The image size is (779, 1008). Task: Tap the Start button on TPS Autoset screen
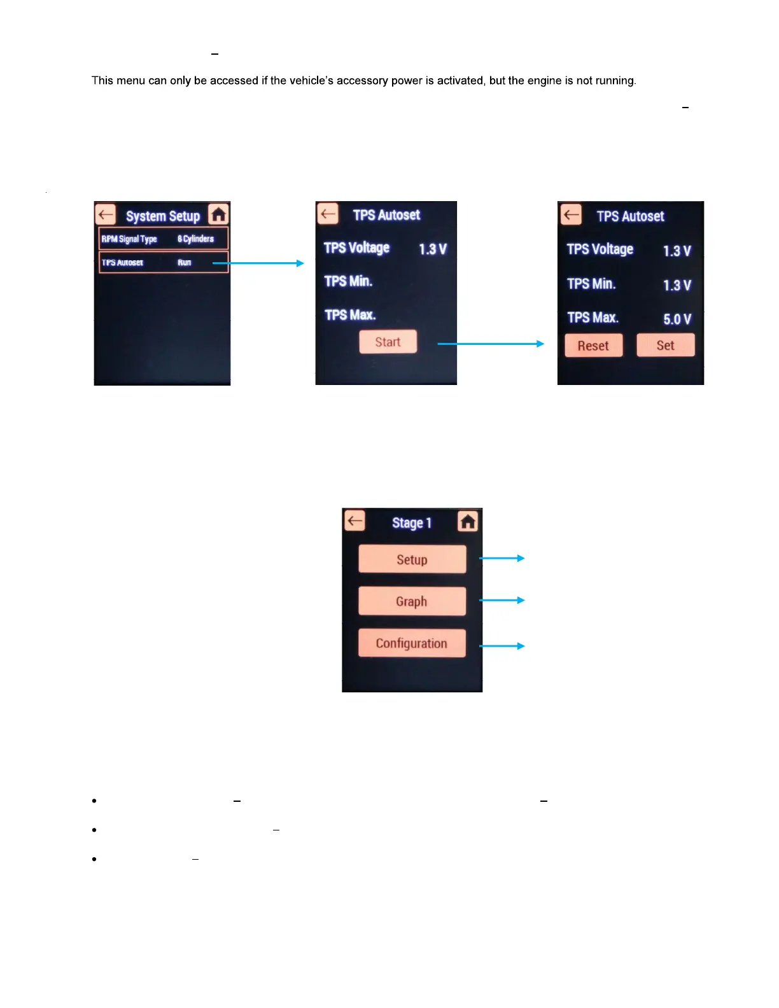[388, 342]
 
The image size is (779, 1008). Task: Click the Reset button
[593, 346]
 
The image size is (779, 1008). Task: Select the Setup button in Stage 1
[412, 559]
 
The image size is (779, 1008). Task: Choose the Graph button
[412, 601]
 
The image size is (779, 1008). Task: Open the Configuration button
[412, 643]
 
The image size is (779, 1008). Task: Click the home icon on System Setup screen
[218, 215]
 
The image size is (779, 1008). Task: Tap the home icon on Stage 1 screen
[468, 522]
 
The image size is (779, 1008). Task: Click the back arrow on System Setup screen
[106, 215]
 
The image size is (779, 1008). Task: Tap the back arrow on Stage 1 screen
[354, 521]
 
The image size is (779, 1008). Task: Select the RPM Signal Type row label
[129, 239]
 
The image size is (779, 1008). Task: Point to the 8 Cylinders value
[195, 239]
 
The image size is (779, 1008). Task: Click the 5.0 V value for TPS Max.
[677, 319]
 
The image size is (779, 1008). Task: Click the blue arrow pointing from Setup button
[502, 558]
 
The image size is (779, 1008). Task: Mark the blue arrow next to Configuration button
[502, 646]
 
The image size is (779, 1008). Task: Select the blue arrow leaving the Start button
[491, 344]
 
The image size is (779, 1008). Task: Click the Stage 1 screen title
[412, 523]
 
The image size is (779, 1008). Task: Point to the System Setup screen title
[163, 216]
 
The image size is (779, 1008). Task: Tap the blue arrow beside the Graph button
[502, 600]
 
